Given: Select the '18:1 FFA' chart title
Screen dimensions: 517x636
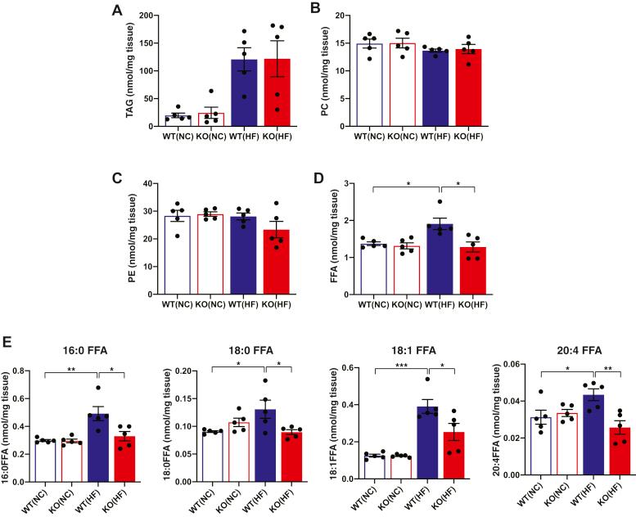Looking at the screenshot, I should click(406, 352).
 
